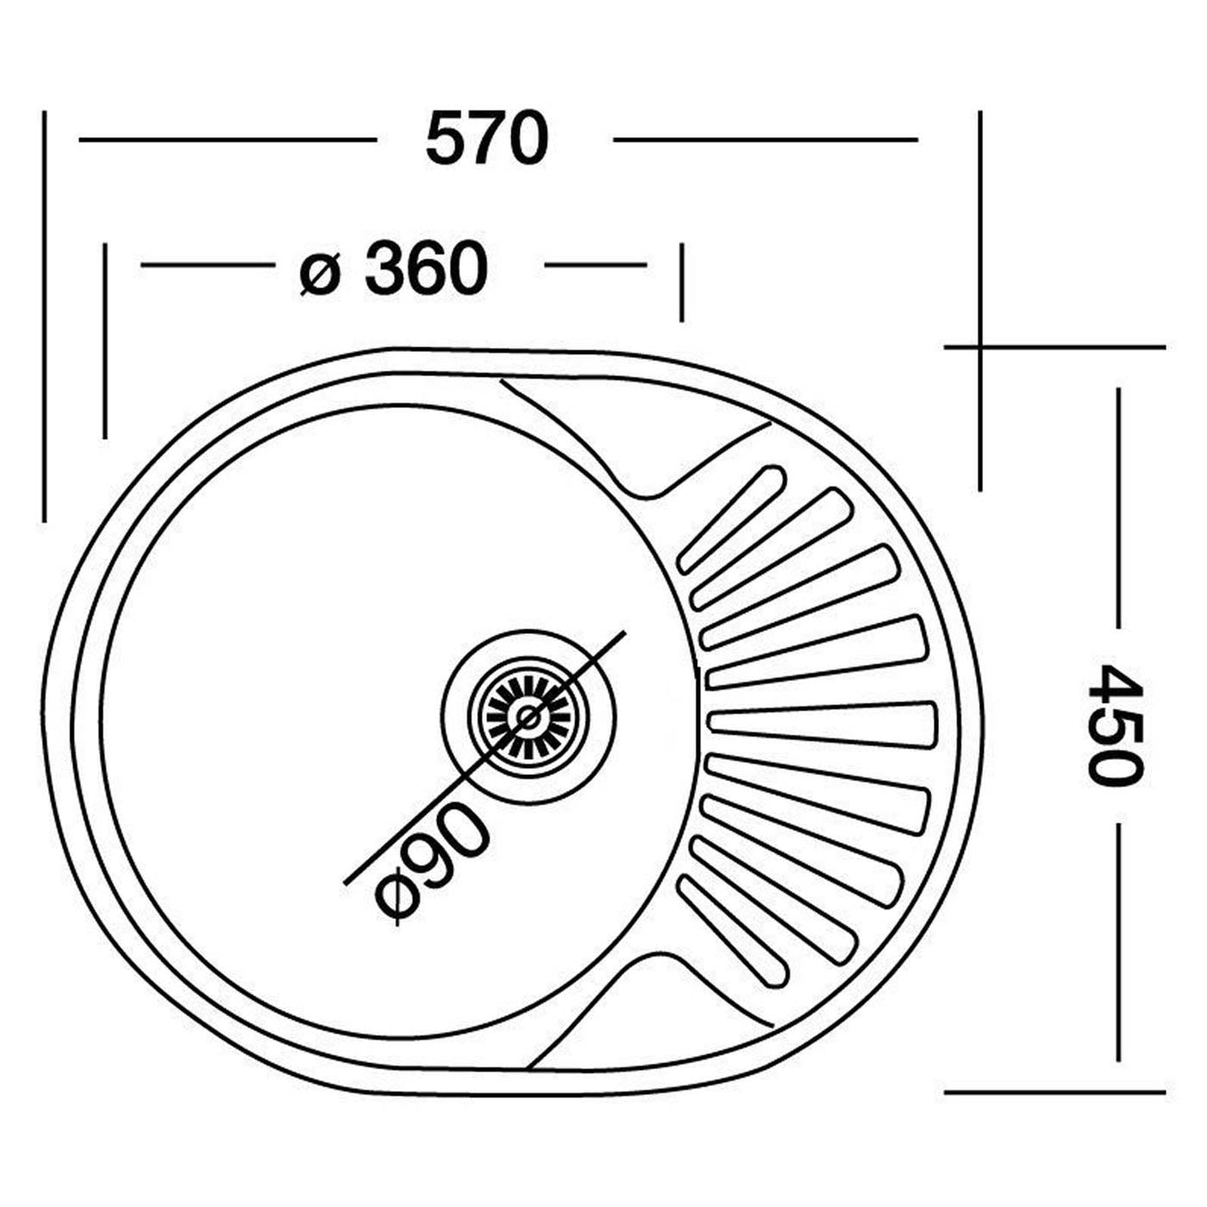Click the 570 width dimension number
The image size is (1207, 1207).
tap(487, 140)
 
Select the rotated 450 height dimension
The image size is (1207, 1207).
tap(1114, 725)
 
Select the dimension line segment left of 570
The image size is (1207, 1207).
tap(227, 140)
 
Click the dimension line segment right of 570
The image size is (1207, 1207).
tap(765, 140)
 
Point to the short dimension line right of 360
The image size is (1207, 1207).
tap(595, 264)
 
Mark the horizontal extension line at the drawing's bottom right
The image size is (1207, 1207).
tap(1054, 1092)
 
